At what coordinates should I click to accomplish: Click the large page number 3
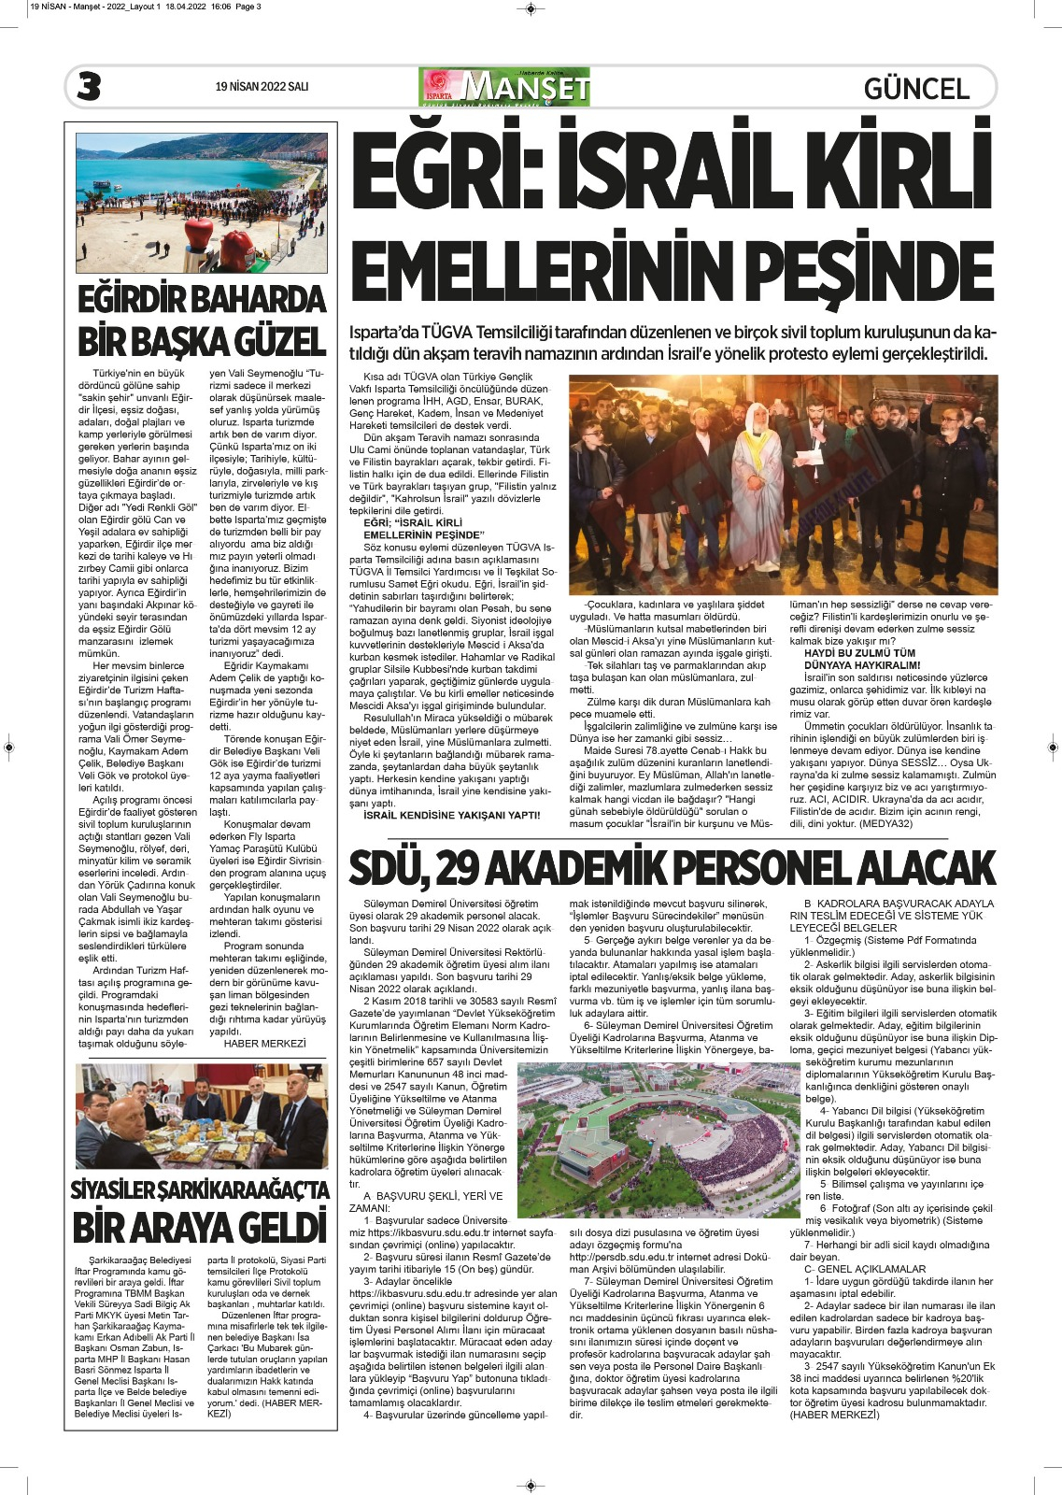[89, 87]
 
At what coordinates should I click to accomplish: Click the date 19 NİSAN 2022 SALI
[262, 87]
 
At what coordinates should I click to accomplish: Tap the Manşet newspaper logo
[504, 87]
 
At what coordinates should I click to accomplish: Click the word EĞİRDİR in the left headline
[138, 301]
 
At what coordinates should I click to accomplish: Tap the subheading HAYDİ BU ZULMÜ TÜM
[859, 653]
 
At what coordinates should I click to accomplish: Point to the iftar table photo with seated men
[202, 1116]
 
